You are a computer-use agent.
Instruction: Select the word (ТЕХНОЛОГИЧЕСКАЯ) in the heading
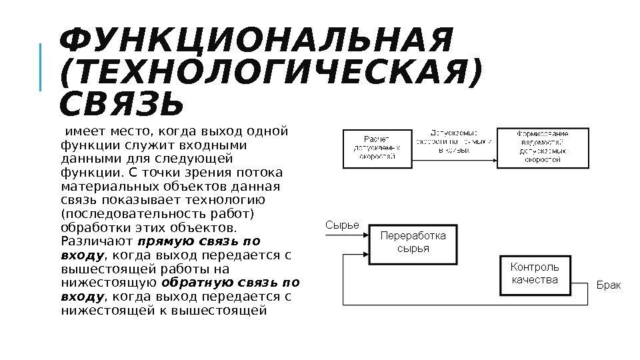click(269, 74)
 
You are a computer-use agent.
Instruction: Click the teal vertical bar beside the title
click(41, 67)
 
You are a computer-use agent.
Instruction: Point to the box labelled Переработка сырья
click(413, 242)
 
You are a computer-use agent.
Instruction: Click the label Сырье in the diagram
click(342, 225)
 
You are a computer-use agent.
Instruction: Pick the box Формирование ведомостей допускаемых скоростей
click(543, 147)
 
